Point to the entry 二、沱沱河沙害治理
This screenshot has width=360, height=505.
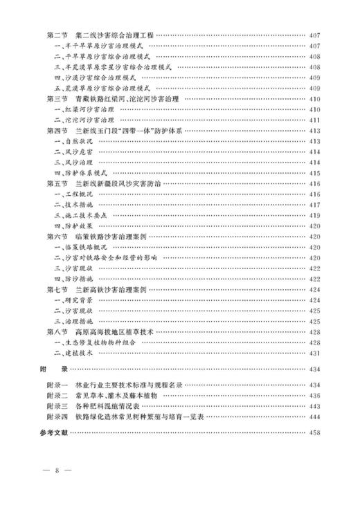click(x=83, y=120)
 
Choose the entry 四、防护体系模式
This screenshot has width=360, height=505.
click(x=79, y=173)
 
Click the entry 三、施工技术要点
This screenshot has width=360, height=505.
click(x=79, y=215)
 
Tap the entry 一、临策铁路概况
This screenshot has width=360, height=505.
click(x=79, y=247)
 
